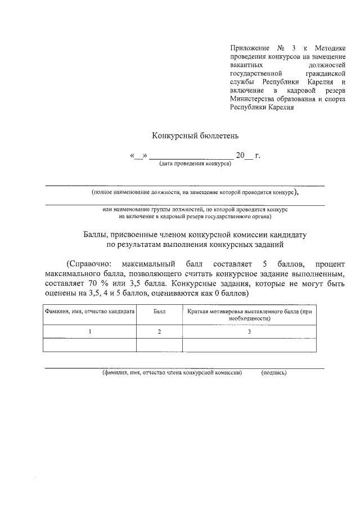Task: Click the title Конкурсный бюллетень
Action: (196, 135)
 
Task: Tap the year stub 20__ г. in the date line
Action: (247, 155)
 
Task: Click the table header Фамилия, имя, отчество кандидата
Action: (89, 311)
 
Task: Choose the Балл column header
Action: (159, 311)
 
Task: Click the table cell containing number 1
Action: (89, 332)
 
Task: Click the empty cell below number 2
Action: (159, 344)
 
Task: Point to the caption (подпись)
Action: (274, 372)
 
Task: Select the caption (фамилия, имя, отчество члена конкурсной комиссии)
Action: (172, 372)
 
